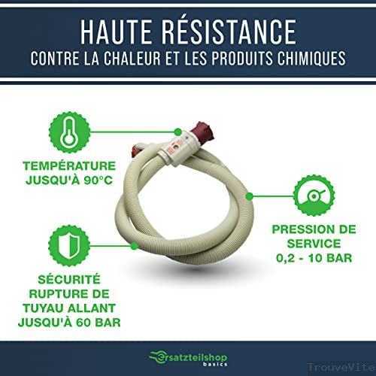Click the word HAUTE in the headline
click(116, 32)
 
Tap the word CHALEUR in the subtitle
click(132, 59)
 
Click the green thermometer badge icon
click(69, 132)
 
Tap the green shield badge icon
click(69, 246)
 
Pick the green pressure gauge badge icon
click(314, 196)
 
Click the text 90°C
click(99, 180)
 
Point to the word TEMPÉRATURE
click(69, 166)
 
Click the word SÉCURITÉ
click(69, 280)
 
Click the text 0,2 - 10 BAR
click(314, 258)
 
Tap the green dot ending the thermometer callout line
click(177, 132)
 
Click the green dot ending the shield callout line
click(135, 246)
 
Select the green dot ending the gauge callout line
click(249, 196)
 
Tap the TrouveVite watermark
click(341, 368)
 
